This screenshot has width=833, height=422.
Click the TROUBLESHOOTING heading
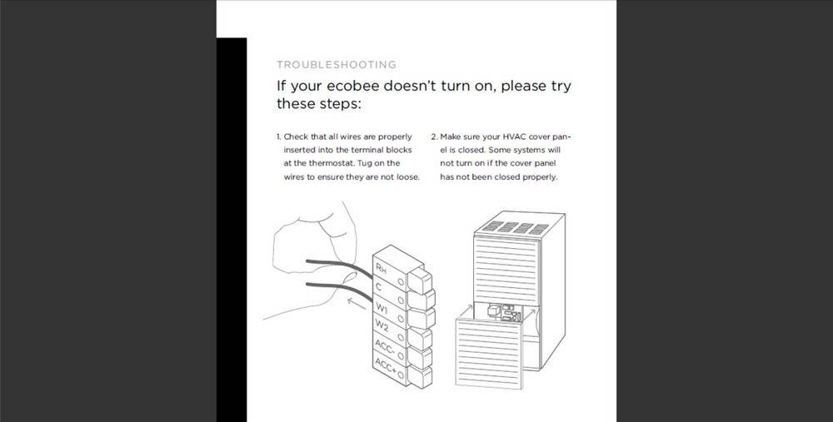click(337, 64)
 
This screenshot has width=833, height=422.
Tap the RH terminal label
click(381, 268)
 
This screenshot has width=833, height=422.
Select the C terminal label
click(379, 286)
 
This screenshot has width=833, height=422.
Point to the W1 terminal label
click(382, 308)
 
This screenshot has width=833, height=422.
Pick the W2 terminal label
click(382, 325)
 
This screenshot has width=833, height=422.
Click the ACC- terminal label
click(385, 346)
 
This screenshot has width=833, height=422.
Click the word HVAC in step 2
click(515, 137)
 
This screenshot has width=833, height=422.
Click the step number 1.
click(278, 137)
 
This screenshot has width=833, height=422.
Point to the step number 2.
click(433, 137)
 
